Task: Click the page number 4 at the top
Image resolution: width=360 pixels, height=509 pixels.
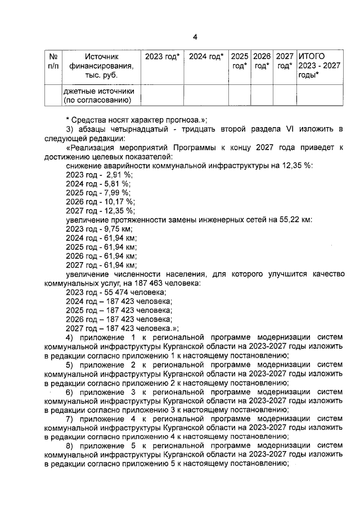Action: [195, 38]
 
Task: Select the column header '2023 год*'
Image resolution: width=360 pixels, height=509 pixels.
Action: [162, 57]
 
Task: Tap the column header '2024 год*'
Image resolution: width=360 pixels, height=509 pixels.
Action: [206, 57]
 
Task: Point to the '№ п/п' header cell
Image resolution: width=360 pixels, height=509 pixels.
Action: [54, 61]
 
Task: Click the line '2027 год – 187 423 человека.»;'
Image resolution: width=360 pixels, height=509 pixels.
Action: [122, 328]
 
